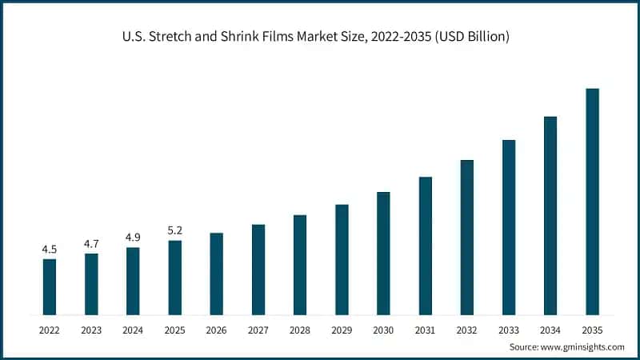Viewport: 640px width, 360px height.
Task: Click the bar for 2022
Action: [x=50, y=287]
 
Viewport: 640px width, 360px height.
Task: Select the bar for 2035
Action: [x=592, y=202]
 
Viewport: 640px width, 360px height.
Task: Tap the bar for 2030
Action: [x=383, y=254]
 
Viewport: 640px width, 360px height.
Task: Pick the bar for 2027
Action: [x=258, y=270]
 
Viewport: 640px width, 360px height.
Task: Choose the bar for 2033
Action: [x=509, y=227]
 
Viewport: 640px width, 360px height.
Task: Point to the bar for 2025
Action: [x=174, y=278]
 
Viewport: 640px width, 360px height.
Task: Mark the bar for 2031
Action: [x=426, y=246]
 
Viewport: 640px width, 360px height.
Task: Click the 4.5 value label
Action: [x=50, y=250]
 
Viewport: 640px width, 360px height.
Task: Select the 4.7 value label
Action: [x=91, y=244]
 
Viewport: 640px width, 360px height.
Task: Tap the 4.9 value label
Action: [x=133, y=237]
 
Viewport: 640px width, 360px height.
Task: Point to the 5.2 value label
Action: [x=174, y=230]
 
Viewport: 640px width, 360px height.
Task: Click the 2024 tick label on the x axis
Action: [x=133, y=330]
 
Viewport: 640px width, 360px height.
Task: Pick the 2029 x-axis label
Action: [x=342, y=330]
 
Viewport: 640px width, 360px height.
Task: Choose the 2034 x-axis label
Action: [x=550, y=330]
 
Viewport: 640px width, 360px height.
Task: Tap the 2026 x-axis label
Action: [x=216, y=330]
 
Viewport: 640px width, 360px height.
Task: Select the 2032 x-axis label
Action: [x=467, y=330]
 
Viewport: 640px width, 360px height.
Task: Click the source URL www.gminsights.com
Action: [x=582, y=347]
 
